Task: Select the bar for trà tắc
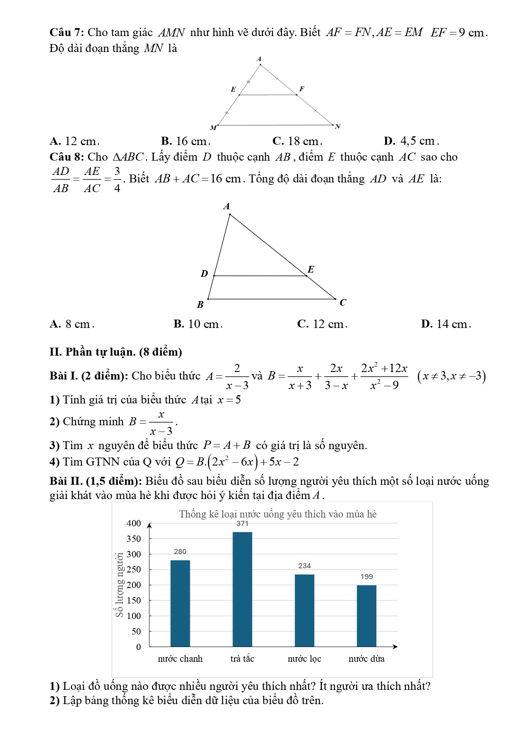[242, 589]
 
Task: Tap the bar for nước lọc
[305, 610]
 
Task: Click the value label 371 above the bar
[242, 523]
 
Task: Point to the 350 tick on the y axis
[134, 538]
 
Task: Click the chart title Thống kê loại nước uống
[278, 514]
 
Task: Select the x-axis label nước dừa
[367, 658]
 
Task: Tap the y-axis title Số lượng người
[120, 585]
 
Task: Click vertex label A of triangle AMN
[259, 59]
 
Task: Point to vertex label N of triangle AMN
[338, 126]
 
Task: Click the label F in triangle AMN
[302, 89]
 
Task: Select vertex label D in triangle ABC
[204, 274]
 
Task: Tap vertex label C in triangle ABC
[343, 302]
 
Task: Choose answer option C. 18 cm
[297, 141]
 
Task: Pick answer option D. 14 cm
[446, 324]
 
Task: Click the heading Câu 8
[67, 157]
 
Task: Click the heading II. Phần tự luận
[116, 351]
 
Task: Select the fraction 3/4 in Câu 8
[117, 179]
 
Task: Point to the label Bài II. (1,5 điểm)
[96, 481]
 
